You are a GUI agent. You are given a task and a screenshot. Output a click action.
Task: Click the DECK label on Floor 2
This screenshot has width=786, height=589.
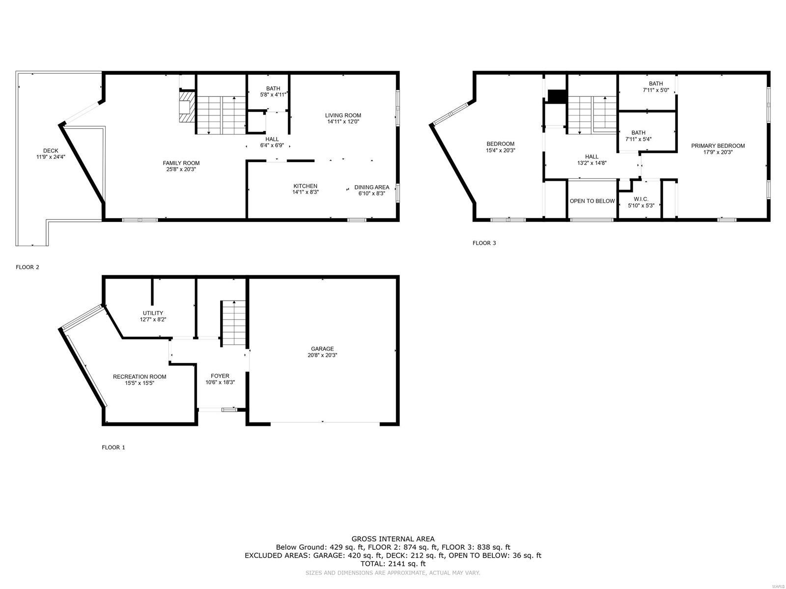click(51, 151)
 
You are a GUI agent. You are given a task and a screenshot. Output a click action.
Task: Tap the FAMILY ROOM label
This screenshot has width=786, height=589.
click(181, 163)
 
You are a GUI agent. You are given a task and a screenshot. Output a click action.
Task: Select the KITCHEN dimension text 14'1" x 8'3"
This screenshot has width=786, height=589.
click(306, 192)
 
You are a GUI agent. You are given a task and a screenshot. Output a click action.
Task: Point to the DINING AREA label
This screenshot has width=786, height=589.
click(372, 187)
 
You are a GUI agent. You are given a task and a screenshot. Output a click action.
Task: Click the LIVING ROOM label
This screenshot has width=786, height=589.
click(343, 115)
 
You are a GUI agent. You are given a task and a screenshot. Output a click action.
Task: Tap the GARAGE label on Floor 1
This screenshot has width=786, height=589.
click(322, 349)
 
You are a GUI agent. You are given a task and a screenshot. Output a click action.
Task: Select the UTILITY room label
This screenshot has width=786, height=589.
click(153, 313)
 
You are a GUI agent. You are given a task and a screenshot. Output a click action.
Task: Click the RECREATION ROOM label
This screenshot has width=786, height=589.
click(140, 377)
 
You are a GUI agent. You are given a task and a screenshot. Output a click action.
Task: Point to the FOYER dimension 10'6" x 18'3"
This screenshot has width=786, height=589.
click(220, 382)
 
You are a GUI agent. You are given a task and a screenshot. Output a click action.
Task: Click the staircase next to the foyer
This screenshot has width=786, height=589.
click(233, 323)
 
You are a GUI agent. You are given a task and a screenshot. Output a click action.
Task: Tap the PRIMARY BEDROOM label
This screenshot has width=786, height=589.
click(718, 146)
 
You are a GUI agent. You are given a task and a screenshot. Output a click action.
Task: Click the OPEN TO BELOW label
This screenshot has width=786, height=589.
click(592, 201)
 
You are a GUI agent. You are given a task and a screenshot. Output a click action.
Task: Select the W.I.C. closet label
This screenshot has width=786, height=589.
click(641, 199)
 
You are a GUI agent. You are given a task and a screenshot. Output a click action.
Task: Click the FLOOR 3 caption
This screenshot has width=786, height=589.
click(484, 243)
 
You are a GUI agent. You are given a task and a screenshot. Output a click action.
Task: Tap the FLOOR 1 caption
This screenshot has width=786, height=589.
click(113, 448)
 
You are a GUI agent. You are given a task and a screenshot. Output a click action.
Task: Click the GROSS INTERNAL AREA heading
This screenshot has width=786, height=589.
click(393, 539)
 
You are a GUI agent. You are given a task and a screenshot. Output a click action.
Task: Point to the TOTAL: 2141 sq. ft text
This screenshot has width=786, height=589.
click(393, 564)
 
